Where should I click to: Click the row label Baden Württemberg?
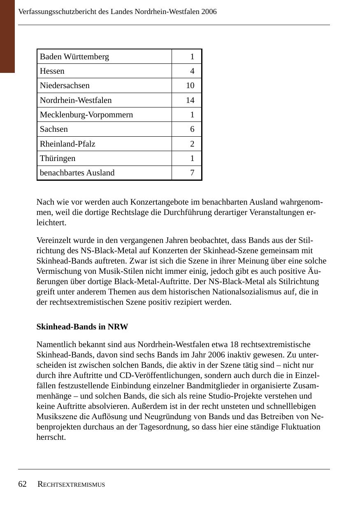(x=74, y=56)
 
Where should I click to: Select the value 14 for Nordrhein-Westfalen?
(x=190, y=100)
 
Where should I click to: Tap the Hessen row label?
(x=52, y=71)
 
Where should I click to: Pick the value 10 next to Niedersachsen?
(x=190, y=85)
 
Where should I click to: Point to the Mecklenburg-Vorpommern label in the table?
(x=86, y=114)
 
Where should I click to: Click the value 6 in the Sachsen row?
(x=192, y=129)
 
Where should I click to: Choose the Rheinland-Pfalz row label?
(x=67, y=144)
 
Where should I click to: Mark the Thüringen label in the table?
(x=58, y=158)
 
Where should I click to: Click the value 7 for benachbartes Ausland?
(x=192, y=173)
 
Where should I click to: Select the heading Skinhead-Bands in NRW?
(x=82, y=327)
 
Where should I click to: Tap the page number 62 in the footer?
(x=23, y=484)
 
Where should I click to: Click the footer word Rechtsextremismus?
(x=71, y=485)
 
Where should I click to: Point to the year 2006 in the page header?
(x=209, y=12)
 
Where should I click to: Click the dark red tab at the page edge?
(x=7, y=36)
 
